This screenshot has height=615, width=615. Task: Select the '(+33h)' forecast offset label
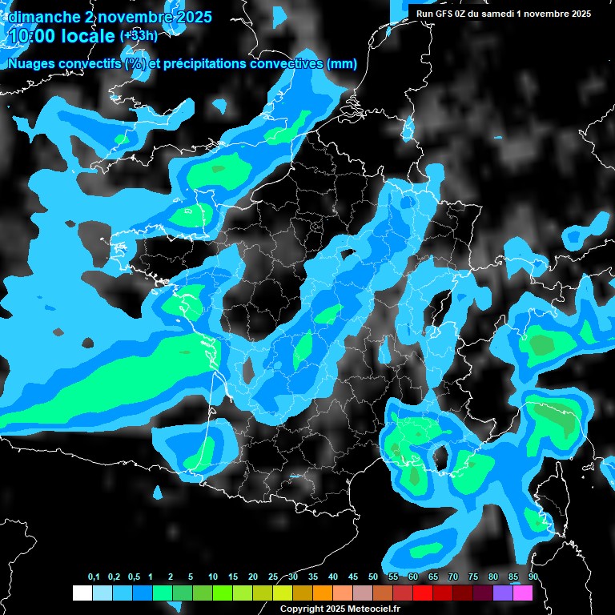pos(138,35)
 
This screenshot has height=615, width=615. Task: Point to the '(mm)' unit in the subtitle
pos(341,64)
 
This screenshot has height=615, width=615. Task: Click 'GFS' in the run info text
pos(452,14)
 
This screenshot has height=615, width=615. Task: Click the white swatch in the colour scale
pos(82,593)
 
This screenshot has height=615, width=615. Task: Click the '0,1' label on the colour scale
pos(94,577)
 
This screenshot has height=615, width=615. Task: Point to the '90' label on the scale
pos(533,577)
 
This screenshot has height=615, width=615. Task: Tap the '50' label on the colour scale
pos(373,577)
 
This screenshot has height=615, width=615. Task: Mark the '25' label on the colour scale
pos(273,577)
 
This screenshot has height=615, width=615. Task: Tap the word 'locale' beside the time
pos(88,36)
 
